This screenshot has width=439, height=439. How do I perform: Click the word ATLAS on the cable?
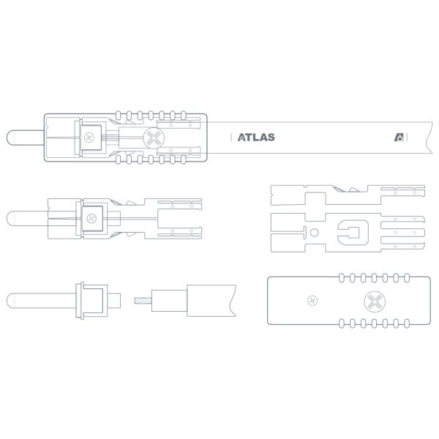tap(256, 138)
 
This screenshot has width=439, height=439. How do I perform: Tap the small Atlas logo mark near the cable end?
tap(399, 138)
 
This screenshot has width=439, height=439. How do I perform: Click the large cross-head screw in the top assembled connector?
tap(154, 138)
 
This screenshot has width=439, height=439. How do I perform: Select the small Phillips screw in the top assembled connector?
tap(89, 138)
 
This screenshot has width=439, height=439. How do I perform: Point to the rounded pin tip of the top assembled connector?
tap(11, 138)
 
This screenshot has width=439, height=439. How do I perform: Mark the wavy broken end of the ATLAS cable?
tap(429, 138)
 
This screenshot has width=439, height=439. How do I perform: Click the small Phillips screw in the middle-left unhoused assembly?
tap(91, 218)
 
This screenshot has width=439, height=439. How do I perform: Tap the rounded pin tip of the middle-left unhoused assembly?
tap(11, 218)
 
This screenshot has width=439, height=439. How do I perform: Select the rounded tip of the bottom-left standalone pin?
tap(11, 301)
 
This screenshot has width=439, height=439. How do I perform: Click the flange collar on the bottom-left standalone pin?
tap(80, 301)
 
